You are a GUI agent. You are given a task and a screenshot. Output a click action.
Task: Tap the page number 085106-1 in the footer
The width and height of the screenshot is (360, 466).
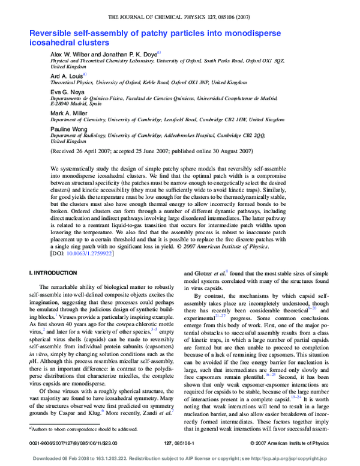click(x=180, y=443)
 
